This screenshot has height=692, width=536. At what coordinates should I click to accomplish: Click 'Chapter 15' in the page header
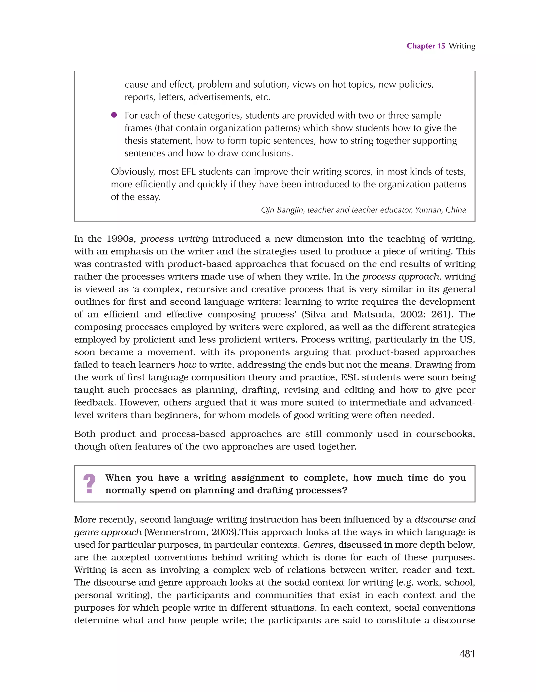[426, 46]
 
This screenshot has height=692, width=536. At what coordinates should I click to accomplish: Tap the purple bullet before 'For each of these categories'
[114, 115]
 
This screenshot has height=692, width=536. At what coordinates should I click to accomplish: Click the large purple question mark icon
[89, 484]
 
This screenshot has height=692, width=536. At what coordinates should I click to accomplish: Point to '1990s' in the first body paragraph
[121, 239]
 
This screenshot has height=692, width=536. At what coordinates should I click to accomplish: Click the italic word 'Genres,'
[319, 545]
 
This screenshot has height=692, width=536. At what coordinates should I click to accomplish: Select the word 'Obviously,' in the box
[133, 172]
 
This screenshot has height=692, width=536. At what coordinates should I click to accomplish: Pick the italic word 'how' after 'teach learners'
[187, 365]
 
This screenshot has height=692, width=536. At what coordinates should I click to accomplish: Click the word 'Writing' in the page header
[462, 46]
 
